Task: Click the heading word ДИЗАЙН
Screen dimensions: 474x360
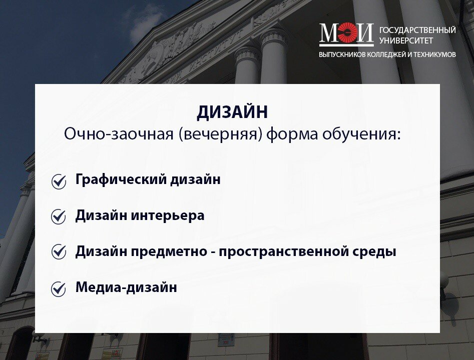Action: [232, 112]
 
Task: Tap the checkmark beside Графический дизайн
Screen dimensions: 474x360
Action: [59, 181]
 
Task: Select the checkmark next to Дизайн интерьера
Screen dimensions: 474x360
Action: [59, 216]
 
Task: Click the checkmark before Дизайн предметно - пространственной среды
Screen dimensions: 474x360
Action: [59, 251]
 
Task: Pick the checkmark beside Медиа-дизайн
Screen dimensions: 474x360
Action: [59, 289]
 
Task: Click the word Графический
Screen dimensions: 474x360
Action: [121, 179]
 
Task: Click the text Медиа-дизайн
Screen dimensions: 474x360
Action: [126, 287]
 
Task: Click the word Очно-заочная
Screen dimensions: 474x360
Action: [119, 134]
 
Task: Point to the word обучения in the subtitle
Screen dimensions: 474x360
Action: [361, 134]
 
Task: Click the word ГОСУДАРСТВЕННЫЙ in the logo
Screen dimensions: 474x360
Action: [417, 30]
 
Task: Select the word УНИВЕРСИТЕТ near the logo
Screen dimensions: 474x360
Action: [406, 40]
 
